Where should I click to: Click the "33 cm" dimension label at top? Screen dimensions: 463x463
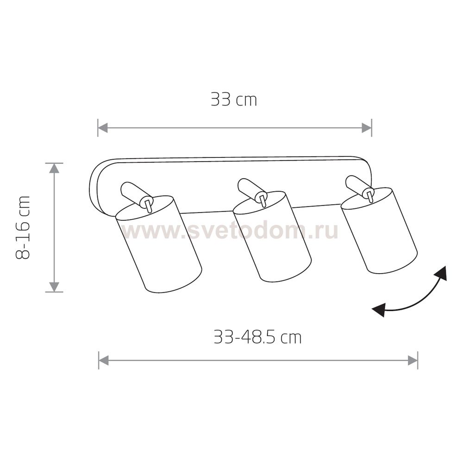[233, 100]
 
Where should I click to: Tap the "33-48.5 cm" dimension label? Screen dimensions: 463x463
[257, 337]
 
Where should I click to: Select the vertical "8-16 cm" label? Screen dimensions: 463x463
[23, 227]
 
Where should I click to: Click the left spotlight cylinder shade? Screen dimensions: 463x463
[158, 244]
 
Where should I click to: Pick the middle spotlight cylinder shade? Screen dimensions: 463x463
[272, 237]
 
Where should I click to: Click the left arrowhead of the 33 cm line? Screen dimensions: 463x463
[102, 128]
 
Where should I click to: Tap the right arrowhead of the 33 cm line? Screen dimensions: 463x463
[366, 128]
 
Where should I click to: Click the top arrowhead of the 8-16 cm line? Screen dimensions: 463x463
[54, 168]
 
